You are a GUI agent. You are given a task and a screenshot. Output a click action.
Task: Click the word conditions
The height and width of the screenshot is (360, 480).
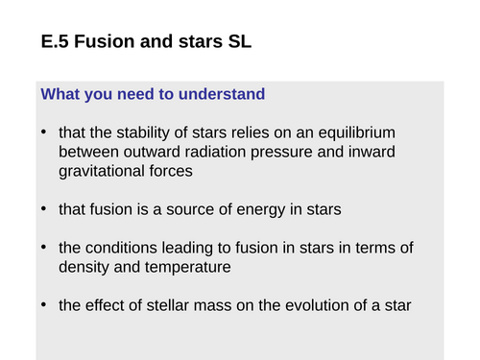tap(122, 249)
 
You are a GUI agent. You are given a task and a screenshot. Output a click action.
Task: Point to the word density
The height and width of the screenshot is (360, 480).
tap(84, 268)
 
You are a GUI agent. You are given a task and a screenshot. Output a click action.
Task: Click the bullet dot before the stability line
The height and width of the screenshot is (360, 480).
tap(44, 132)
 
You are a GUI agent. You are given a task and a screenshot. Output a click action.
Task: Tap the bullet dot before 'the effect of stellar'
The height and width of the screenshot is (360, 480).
tap(44, 306)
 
